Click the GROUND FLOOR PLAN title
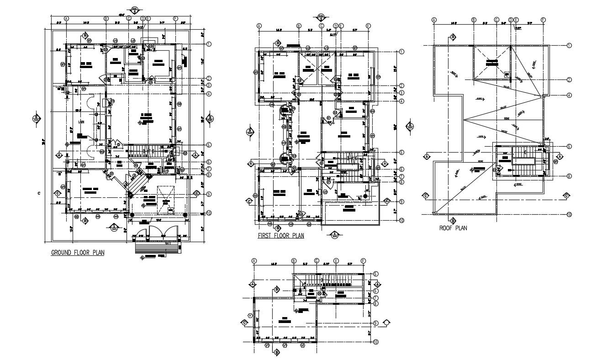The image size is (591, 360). [77, 252]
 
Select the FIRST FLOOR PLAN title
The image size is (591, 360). [280, 236]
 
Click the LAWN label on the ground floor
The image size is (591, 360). [81, 122]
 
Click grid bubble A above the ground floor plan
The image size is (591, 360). [66, 18]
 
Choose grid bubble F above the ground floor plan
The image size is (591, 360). [175, 18]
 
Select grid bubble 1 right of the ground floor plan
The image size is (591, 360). [209, 44]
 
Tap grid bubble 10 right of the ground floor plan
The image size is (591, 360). [209, 213]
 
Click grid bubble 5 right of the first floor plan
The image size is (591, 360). [401, 152]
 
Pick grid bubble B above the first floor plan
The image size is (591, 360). [299, 26]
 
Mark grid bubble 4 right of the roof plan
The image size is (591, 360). [570, 95]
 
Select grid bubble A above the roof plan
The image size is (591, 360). [434, 20]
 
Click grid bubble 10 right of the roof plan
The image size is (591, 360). [570, 214]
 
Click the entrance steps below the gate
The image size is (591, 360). [158, 249]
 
